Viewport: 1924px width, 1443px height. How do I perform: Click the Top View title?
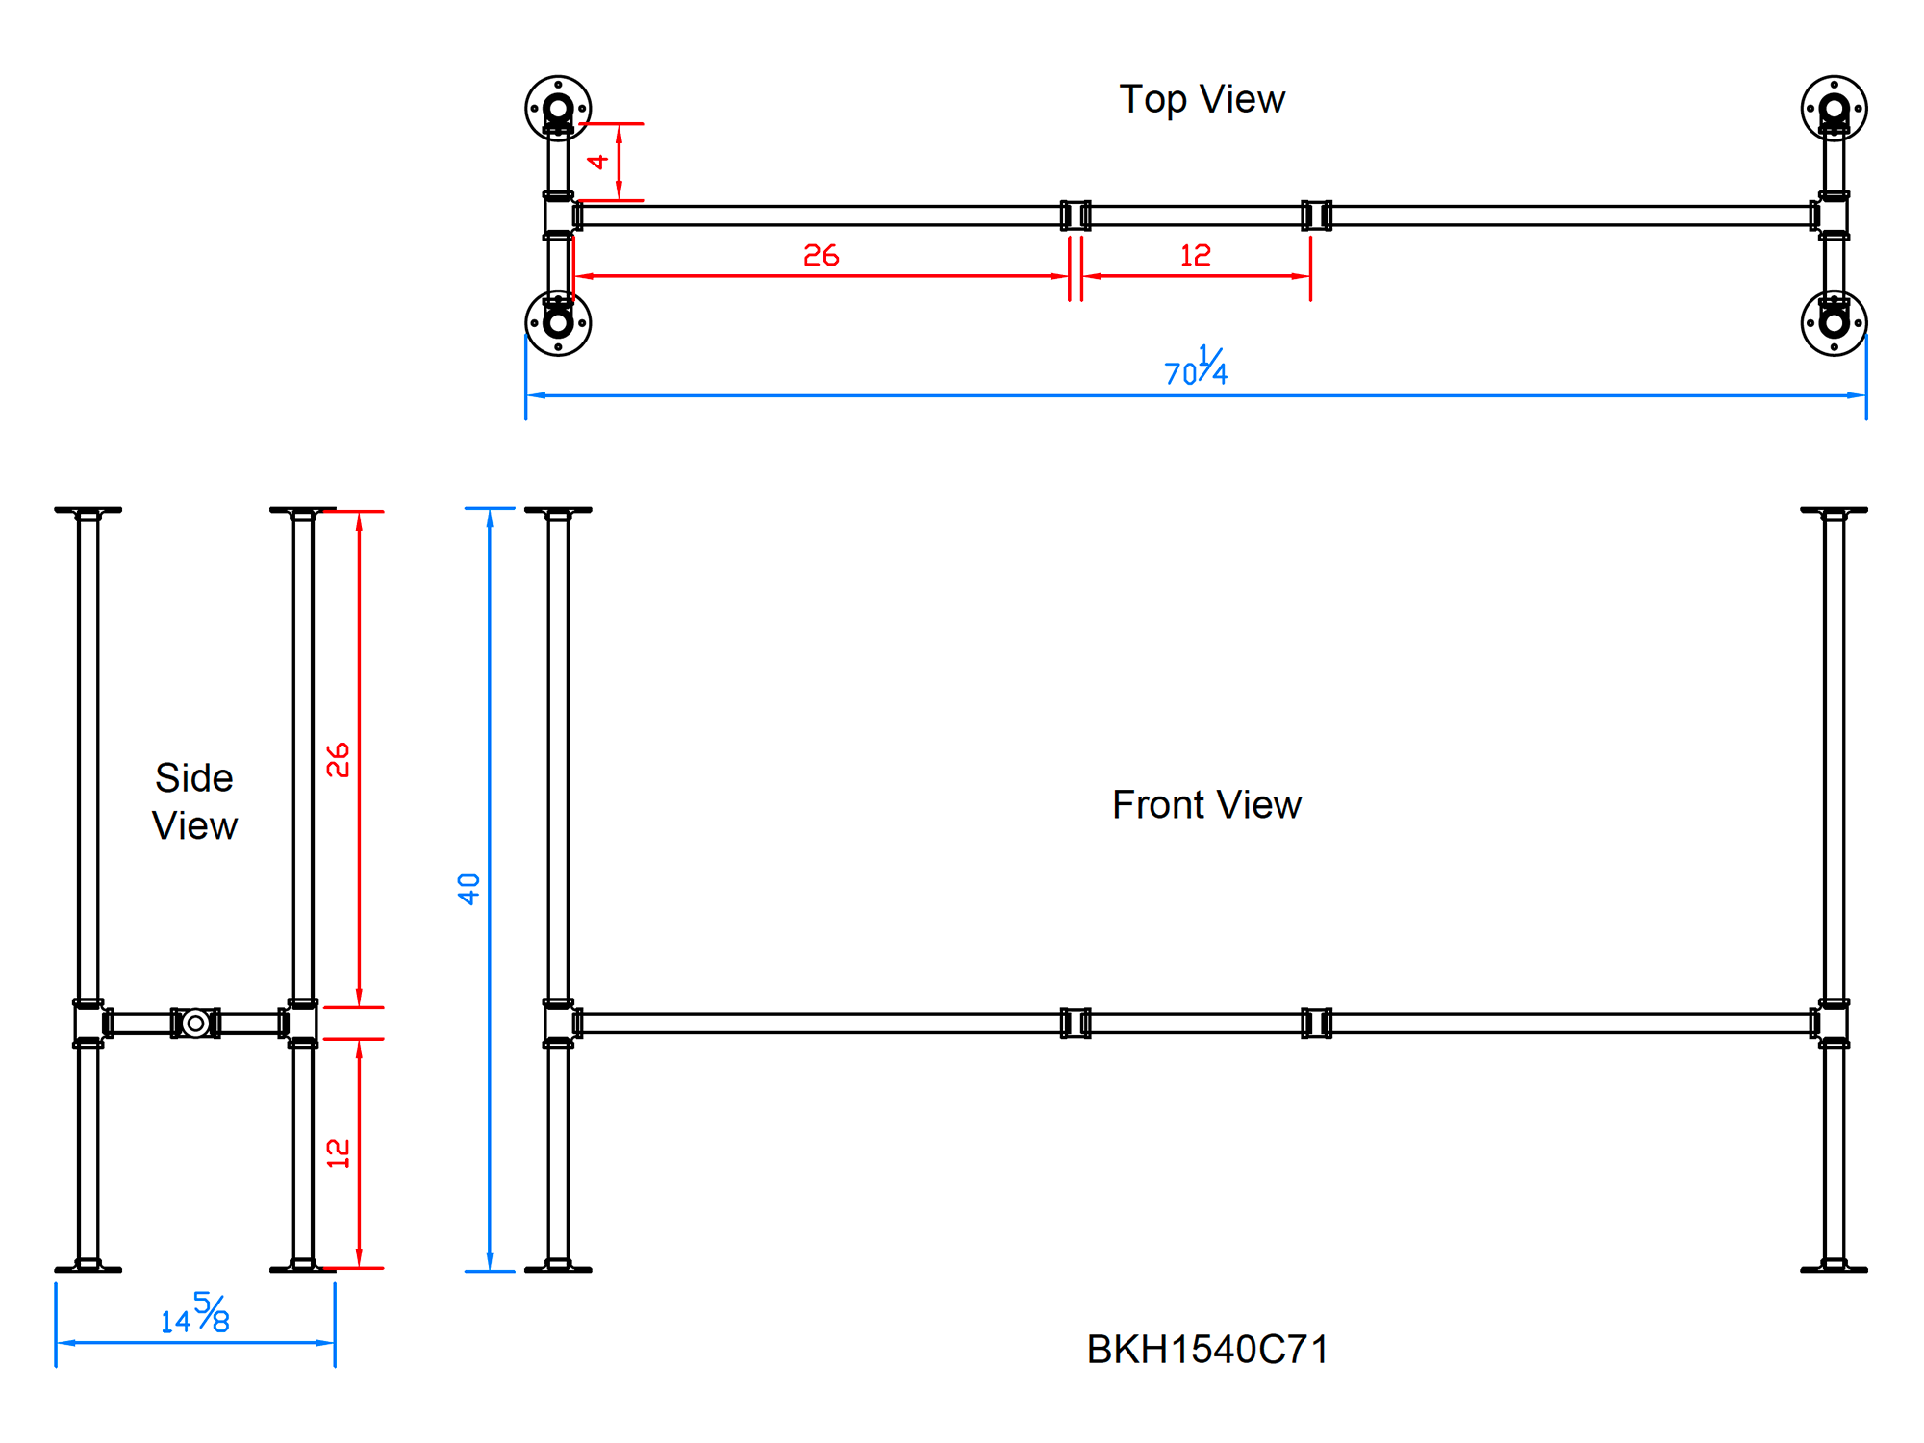point(1202,99)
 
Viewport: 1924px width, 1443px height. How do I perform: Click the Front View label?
point(1206,804)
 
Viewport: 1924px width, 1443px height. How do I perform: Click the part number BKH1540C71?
point(1207,1350)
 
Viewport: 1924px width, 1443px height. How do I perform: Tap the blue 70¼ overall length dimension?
point(1196,367)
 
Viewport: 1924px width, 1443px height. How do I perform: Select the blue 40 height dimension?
point(468,888)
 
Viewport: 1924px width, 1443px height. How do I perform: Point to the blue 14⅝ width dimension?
point(195,1315)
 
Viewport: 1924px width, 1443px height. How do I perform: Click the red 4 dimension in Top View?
point(598,162)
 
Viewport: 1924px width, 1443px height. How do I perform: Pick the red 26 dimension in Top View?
point(821,256)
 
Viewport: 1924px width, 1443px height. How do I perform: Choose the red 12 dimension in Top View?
point(1195,256)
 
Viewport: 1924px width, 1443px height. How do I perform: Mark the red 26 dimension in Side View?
point(338,760)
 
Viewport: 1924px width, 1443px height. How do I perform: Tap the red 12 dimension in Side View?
point(338,1152)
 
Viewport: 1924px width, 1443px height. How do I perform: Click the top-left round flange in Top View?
point(558,108)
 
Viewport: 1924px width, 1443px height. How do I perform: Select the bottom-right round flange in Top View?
point(1834,323)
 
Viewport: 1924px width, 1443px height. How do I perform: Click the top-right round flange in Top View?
point(1834,108)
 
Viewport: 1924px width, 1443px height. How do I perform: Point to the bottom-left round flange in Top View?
point(558,323)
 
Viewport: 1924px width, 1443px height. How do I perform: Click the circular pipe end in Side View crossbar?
point(195,1023)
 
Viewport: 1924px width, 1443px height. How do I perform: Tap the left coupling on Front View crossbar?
point(1076,1023)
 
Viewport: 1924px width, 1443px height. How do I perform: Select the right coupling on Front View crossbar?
point(1316,1023)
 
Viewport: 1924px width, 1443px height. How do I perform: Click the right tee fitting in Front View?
point(1832,1023)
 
